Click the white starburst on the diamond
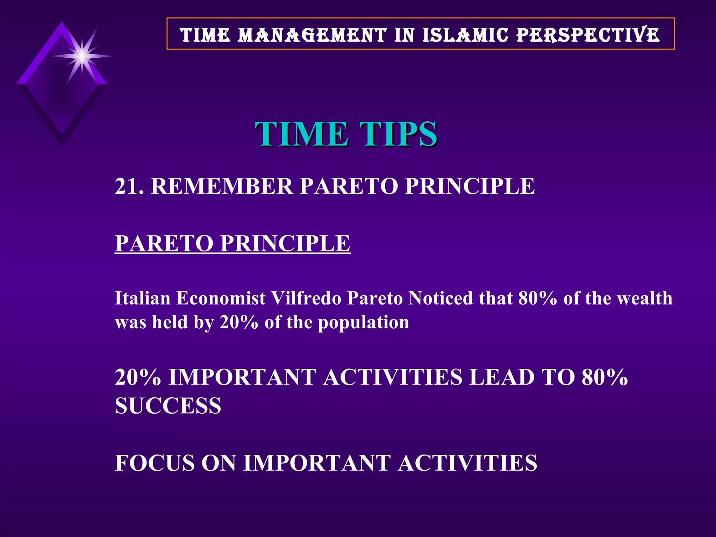82,56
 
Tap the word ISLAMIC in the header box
465,35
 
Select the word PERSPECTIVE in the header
588,35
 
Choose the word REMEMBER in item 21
222,186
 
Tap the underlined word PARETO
164,243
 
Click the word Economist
221,299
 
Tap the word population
363,322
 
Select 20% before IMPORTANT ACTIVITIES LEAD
138,378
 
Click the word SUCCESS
168,406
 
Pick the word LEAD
501,378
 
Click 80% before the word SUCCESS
604,378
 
